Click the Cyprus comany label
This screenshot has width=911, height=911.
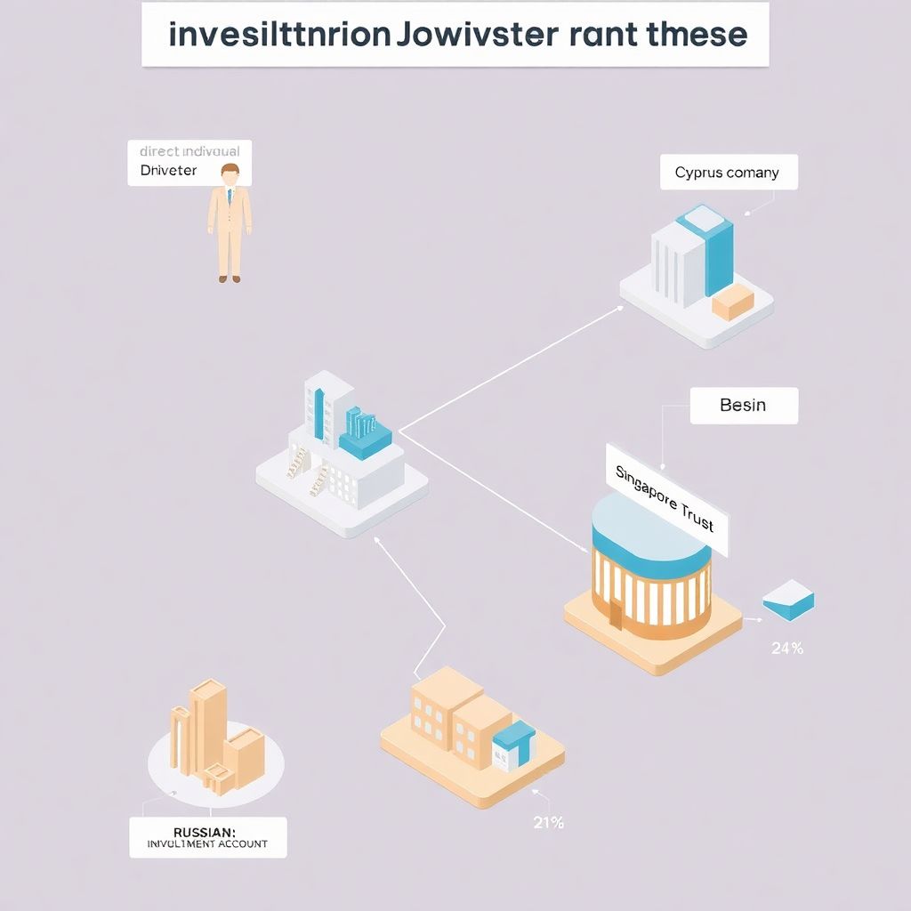click(728, 173)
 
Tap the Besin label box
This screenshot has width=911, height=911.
click(743, 405)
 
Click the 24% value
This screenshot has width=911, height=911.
click(786, 649)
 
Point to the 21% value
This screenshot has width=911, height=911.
click(548, 823)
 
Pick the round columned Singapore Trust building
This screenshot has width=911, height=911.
click(652, 569)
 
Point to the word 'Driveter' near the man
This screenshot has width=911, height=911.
click(168, 170)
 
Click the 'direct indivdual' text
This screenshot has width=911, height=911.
click(189, 151)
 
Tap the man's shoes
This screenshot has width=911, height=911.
click(230, 279)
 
